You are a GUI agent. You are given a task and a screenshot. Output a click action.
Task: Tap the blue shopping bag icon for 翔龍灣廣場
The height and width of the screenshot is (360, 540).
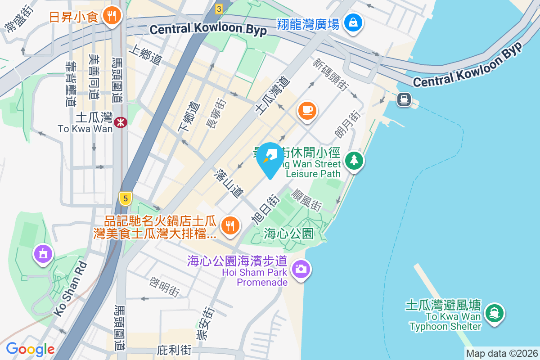(x=353, y=22)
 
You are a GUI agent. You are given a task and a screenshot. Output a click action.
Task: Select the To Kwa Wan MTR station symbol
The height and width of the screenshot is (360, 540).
(x=120, y=121)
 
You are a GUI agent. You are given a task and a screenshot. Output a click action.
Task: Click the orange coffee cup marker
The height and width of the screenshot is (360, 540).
(x=307, y=110)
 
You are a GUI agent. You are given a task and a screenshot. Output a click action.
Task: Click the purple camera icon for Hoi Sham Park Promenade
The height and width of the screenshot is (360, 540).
(x=301, y=269)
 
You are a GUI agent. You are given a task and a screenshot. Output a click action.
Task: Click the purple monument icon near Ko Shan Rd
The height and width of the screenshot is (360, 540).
(x=43, y=254)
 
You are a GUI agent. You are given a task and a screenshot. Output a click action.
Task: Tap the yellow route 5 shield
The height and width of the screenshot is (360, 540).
(x=126, y=197)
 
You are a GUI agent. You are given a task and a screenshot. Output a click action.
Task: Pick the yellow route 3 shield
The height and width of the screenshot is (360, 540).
(x=219, y=9)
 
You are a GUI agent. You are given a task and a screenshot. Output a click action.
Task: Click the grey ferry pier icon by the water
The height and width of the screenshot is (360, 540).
(x=404, y=99)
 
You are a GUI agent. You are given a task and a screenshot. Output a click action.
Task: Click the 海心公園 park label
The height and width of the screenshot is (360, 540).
(x=288, y=234)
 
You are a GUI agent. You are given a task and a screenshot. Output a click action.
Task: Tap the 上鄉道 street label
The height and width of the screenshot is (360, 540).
(x=145, y=55)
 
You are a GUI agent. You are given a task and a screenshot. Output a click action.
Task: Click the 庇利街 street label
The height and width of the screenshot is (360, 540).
(x=175, y=350)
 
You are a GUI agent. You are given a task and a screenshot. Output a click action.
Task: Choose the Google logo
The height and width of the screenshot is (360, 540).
(x=30, y=349)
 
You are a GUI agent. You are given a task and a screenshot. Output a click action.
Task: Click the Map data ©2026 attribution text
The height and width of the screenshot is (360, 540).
(x=502, y=354)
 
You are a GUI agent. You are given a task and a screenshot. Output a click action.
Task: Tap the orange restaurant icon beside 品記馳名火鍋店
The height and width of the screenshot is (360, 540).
(x=231, y=225)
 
